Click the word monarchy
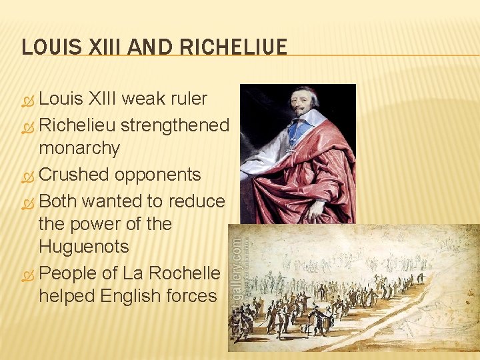[79, 149]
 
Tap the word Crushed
[74, 175]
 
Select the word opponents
[157, 175]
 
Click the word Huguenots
[84, 247]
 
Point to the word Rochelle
[185, 273]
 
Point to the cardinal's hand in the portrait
[313, 209]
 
